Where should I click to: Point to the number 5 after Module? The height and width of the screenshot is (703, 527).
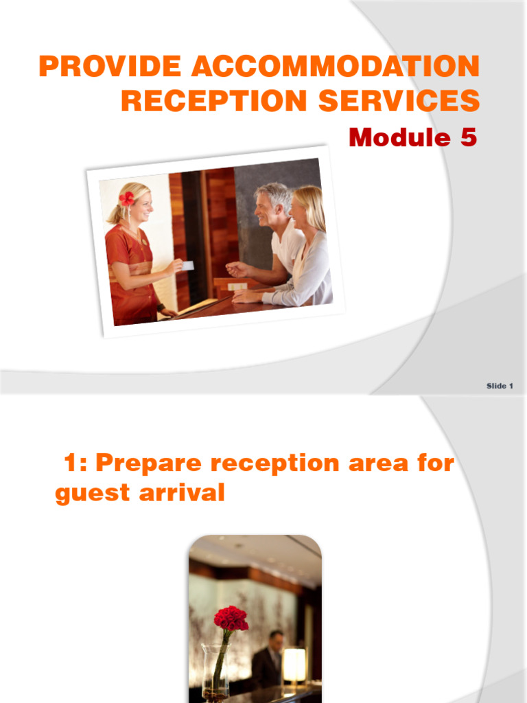467,137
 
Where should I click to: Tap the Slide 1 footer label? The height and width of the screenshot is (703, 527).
500,386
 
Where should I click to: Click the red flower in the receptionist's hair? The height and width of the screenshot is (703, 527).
127,198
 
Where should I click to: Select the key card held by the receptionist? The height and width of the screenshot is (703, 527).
187,265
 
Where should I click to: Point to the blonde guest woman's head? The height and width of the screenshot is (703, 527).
306,206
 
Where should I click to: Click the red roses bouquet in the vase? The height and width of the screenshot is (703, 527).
230,619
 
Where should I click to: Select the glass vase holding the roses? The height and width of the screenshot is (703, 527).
215,669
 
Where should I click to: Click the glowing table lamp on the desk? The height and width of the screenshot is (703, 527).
294,665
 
